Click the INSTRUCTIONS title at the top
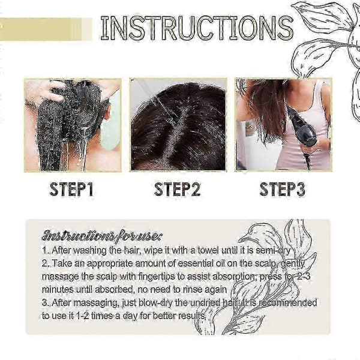[197, 28]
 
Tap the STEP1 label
[71, 190]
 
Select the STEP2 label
[177, 190]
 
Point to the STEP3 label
[283, 190]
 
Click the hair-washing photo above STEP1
[73, 125]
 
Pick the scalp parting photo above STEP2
[178, 125]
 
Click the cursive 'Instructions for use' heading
[102, 235]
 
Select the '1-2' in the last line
[82, 316]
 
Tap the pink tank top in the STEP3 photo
[308, 128]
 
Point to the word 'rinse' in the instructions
[193, 290]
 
